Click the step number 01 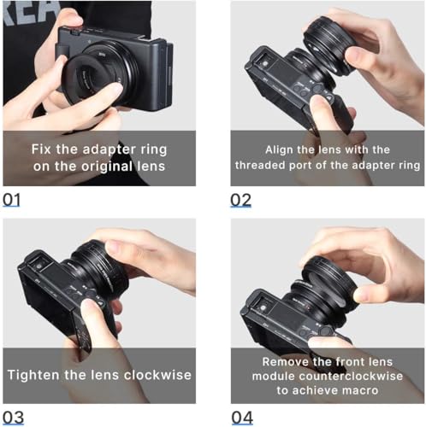pyautogui.click(x=11, y=199)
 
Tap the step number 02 pyautogui.click(x=240, y=199)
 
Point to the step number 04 pyautogui.click(x=241, y=418)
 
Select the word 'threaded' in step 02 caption pyautogui.click(x=271, y=166)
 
